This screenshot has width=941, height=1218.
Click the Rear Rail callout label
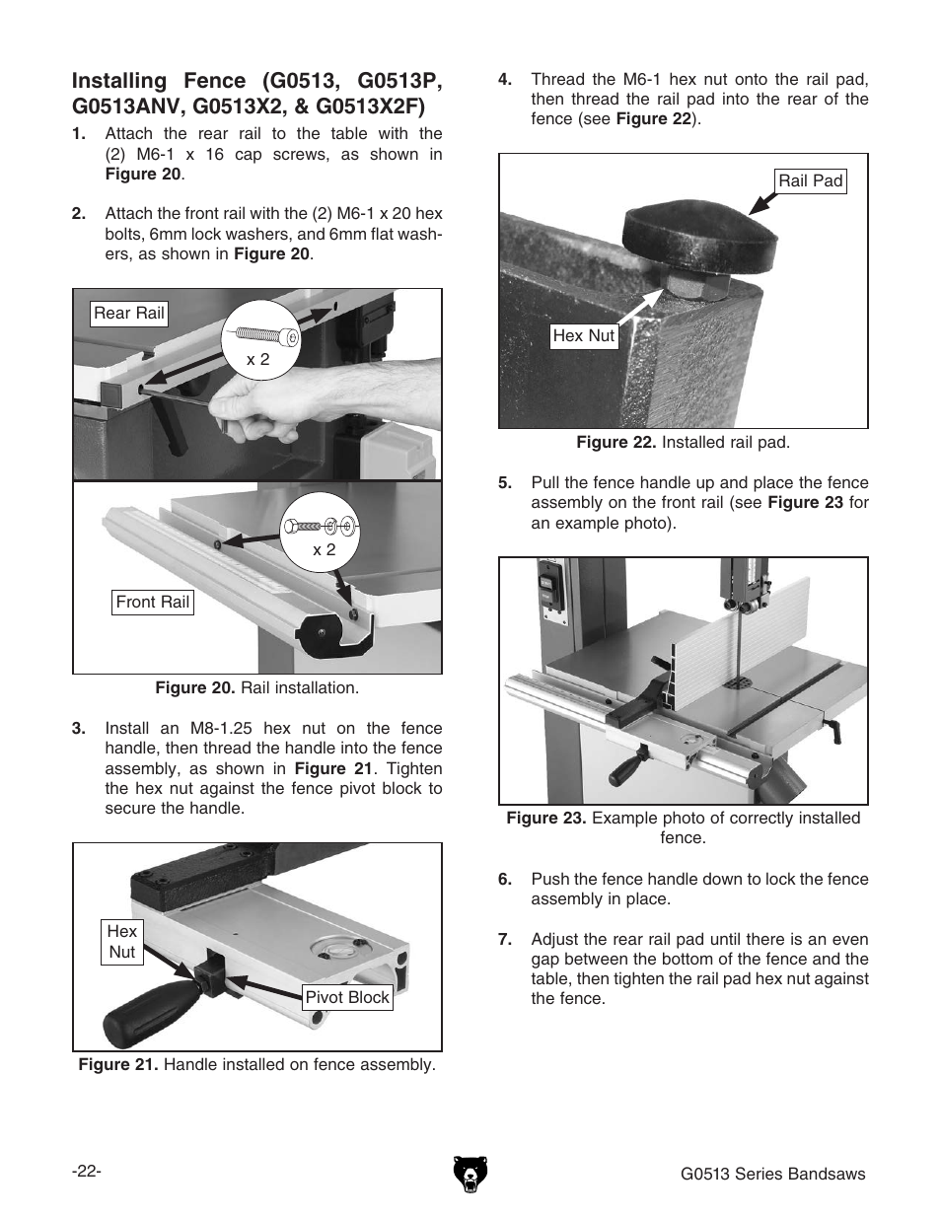(x=129, y=314)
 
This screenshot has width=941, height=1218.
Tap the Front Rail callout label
(x=152, y=603)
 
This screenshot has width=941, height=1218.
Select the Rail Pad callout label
(x=810, y=180)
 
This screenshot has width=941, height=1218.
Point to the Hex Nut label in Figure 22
(x=583, y=335)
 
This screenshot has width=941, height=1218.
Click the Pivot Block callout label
(x=347, y=997)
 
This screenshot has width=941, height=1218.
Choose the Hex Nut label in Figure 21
(x=122, y=942)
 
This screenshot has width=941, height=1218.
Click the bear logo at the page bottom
(x=470, y=1174)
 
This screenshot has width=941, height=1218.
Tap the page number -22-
(x=87, y=1171)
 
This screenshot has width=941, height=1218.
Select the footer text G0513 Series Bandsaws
(x=772, y=1174)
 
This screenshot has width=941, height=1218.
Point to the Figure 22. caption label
(x=615, y=442)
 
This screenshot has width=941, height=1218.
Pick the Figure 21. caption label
(x=119, y=1065)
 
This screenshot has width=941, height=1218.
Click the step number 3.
(x=78, y=729)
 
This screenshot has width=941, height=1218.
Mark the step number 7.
(x=504, y=939)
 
